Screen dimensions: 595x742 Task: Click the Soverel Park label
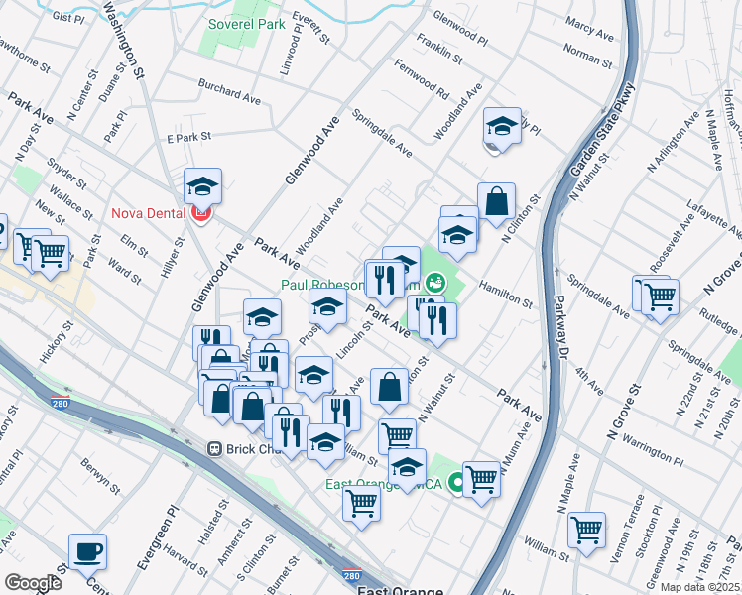point(247,23)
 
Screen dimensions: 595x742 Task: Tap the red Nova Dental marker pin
point(202,213)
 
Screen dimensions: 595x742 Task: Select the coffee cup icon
point(87,551)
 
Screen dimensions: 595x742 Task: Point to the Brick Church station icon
point(212,449)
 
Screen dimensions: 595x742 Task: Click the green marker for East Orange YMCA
point(457,483)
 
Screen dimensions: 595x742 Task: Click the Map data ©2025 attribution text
point(700,587)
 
